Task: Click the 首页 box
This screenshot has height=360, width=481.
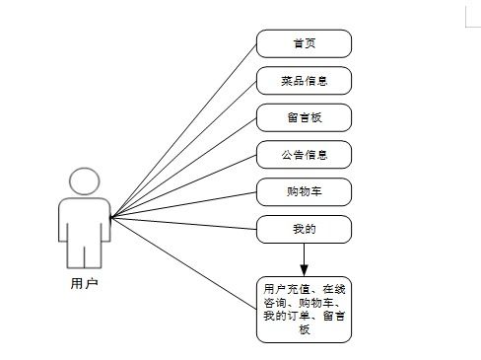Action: click(304, 43)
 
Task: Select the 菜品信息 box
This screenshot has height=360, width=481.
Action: click(304, 81)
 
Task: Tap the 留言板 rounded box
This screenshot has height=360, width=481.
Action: click(304, 117)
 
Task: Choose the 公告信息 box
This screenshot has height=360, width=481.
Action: click(304, 155)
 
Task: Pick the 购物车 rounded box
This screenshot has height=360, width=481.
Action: click(304, 191)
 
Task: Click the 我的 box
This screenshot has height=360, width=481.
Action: click(304, 229)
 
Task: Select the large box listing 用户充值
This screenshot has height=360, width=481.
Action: click(304, 309)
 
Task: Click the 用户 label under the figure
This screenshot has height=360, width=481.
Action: click(85, 283)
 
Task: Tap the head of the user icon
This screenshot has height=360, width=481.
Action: click(85, 182)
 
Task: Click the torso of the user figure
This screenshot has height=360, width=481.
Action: click(85, 227)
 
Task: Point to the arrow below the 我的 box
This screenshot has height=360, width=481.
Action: click(304, 258)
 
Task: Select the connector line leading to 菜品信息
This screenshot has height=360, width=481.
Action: click(183, 149)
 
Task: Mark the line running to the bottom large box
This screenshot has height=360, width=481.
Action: click(183, 254)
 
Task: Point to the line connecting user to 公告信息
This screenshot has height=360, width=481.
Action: click(183, 185)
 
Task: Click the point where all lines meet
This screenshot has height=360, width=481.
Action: click(110, 217)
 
